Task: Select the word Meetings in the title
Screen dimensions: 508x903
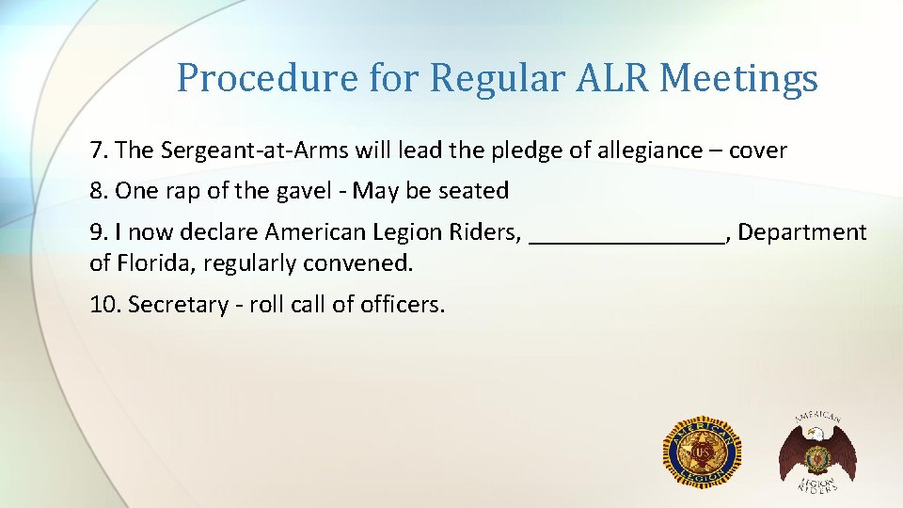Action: [739, 78]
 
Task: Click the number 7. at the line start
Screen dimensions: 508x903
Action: [100, 150]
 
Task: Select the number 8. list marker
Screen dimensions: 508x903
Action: [100, 191]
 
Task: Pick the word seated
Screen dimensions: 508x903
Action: [475, 191]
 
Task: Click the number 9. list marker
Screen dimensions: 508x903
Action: [100, 232]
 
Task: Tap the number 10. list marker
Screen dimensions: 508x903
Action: [105, 305]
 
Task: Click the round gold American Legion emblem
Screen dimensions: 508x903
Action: [703, 452]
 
